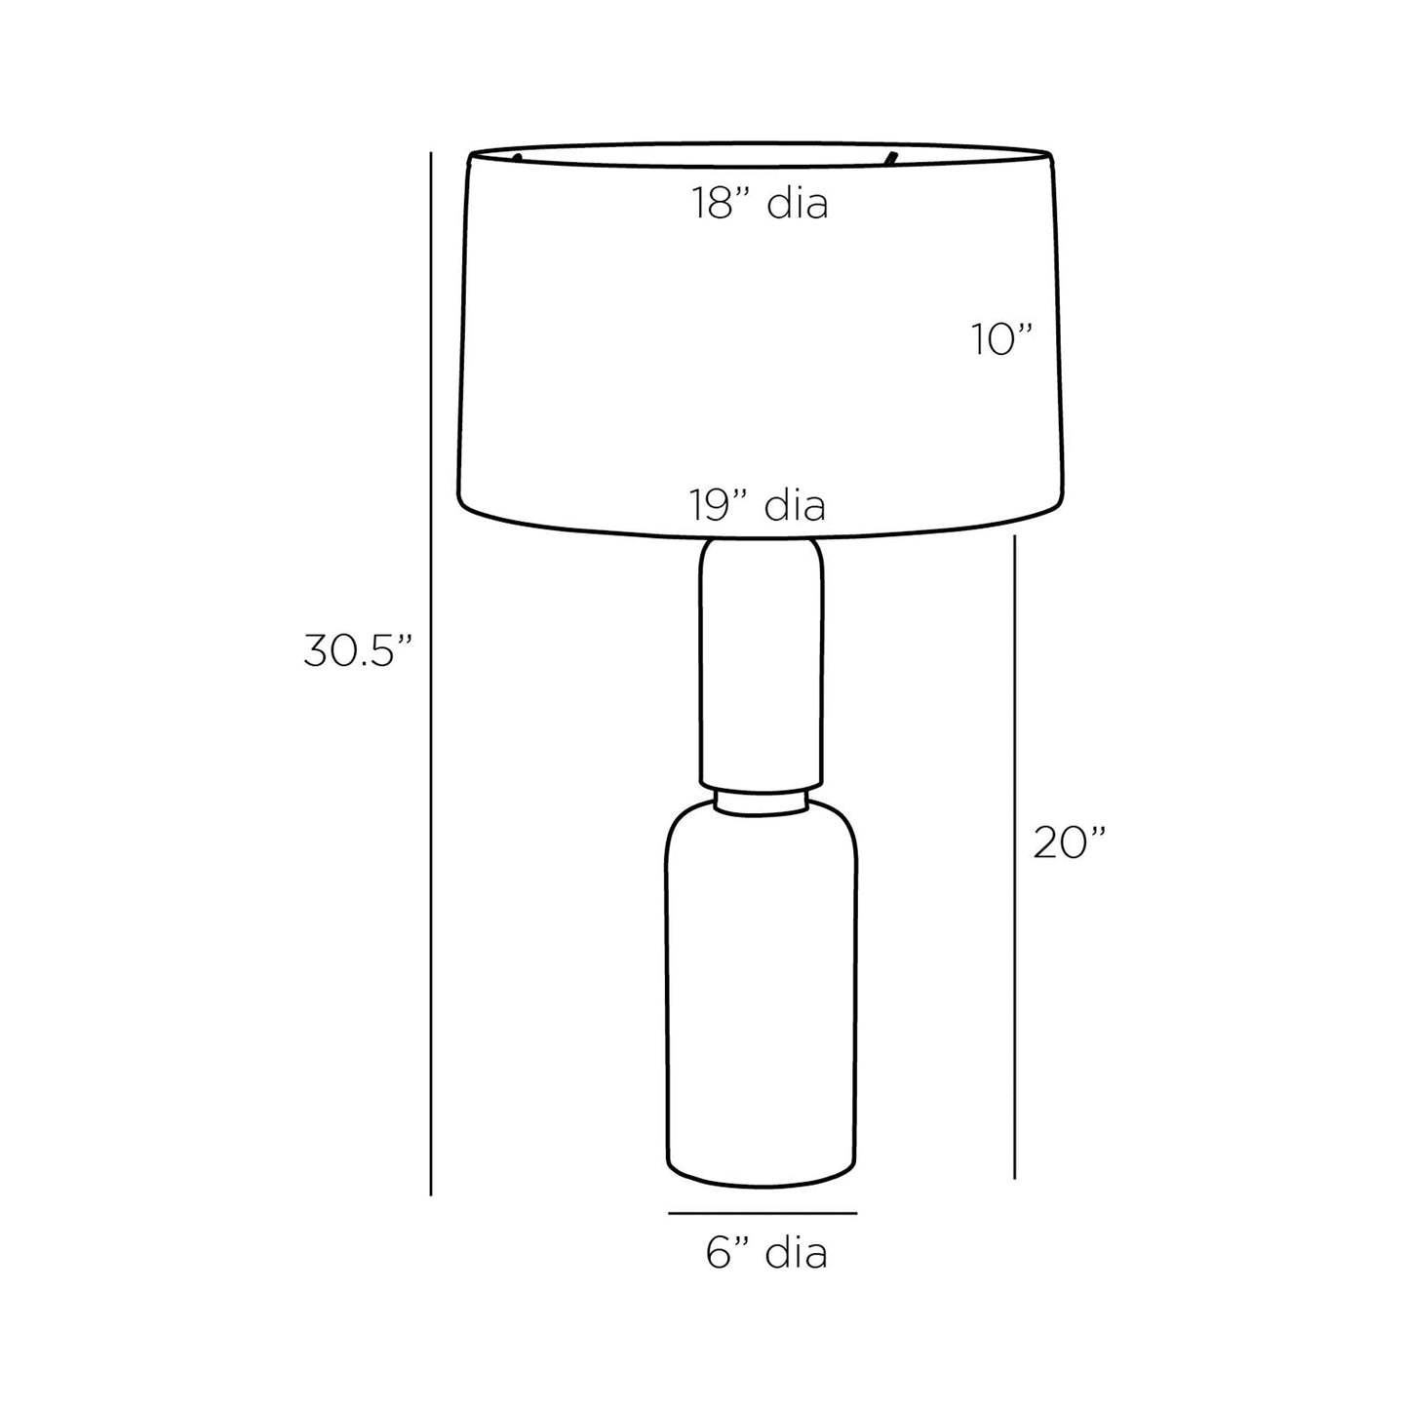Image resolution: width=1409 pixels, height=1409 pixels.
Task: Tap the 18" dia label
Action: tap(761, 205)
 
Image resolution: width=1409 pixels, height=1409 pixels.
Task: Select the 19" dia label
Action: tap(758, 506)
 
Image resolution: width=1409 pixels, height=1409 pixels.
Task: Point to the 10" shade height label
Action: tap(1000, 340)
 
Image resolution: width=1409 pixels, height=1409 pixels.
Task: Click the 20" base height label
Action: tap(1070, 842)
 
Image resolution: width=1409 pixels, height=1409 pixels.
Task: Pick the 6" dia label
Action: tap(766, 1253)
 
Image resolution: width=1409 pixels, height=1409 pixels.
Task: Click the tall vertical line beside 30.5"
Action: tap(430, 673)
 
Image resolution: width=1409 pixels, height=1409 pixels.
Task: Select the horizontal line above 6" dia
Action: tap(763, 1214)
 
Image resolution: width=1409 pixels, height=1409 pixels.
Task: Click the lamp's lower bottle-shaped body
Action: tap(761, 1004)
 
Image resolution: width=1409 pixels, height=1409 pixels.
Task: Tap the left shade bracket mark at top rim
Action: tap(517, 156)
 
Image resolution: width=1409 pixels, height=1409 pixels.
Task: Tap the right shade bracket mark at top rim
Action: tap(889, 156)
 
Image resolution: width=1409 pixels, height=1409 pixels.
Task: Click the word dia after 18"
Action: tap(798, 205)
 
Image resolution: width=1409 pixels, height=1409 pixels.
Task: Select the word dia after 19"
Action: tap(795, 506)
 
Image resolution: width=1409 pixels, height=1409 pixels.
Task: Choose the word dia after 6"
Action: tap(797, 1253)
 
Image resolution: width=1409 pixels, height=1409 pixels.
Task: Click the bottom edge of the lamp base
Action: tap(761, 1187)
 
